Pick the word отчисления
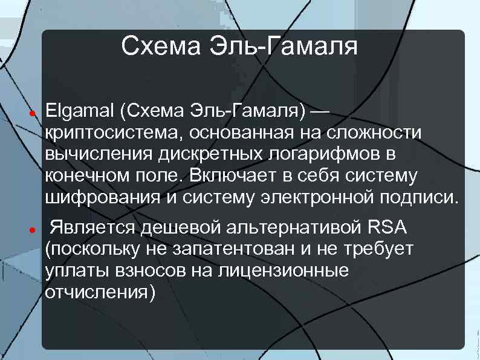pyautogui.click(x=100, y=292)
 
